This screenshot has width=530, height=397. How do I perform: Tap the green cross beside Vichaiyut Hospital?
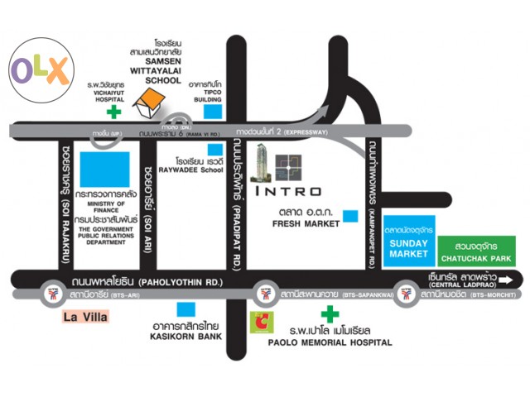click(x=114, y=109)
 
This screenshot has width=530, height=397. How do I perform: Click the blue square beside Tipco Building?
click(x=214, y=110)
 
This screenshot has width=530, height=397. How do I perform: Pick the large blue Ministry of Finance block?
click(x=104, y=169)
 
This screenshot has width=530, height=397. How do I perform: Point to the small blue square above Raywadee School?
click(x=192, y=150)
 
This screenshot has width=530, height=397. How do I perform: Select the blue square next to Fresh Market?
click(x=351, y=217)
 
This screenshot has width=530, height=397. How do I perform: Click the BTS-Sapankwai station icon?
click(x=265, y=293)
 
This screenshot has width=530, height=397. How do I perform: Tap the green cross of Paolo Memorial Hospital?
click(x=329, y=314)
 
